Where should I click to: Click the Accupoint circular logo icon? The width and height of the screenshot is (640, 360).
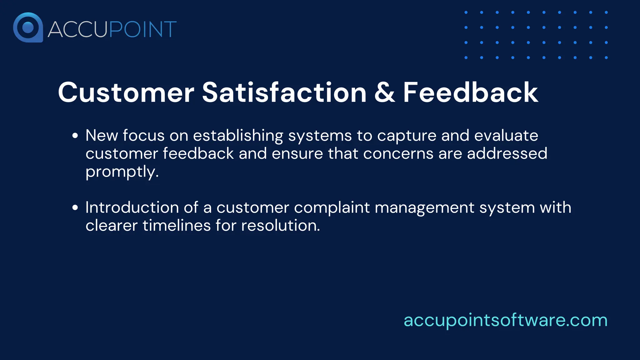pyautogui.click(x=28, y=27)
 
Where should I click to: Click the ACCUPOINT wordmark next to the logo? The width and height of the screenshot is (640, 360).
pyautogui.click(x=112, y=29)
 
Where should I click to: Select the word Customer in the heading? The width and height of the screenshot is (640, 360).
pyautogui.click(x=126, y=92)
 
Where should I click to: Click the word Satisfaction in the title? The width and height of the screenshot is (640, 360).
pyautogui.click(x=284, y=92)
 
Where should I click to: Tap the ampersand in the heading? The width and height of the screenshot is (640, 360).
pyautogui.click(x=384, y=92)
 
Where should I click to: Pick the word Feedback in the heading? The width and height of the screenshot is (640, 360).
pyautogui.click(x=470, y=92)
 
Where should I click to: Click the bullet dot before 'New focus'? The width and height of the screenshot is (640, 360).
pyautogui.click(x=75, y=136)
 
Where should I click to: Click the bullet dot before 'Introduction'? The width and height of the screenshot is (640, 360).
pyautogui.click(x=75, y=207)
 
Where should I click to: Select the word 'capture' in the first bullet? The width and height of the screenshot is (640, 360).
pyautogui.click(x=407, y=136)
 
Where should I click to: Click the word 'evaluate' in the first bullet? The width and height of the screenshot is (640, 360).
pyautogui.click(x=506, y=135)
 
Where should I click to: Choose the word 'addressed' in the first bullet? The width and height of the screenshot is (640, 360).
pyautogui.click(x=507, y=153)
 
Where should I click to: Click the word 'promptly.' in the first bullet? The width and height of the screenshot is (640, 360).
pyautogui.click(x=122, y=172)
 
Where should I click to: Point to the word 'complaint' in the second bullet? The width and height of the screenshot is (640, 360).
pyautogui.click(x=332, y=208)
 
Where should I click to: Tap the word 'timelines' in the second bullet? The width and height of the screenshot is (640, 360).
pyautogui.click(x=177, y=225)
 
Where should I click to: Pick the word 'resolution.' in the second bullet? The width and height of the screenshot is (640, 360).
pyautogui.click(x=280, y=225)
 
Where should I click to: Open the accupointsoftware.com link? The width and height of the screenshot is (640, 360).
pyautogui.click(x=505, y=320)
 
